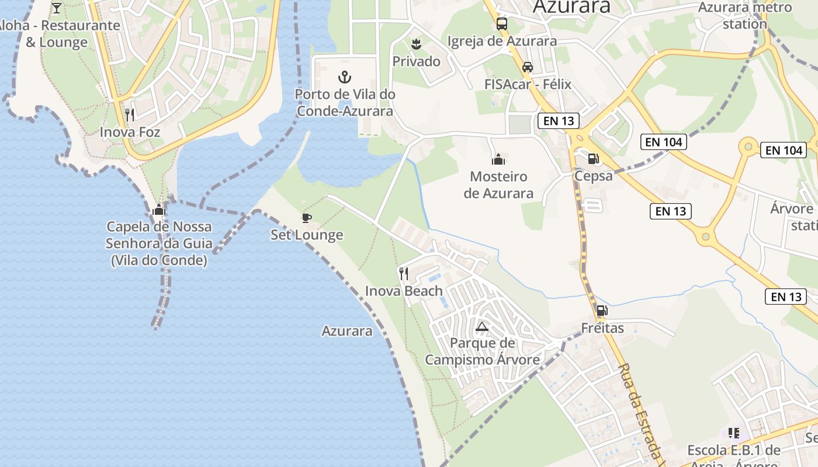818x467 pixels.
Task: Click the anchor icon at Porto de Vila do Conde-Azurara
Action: tap(345, 76)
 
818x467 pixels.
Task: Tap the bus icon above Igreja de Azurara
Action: tap(502, 24)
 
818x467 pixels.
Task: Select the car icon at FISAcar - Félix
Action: tap(528, 67)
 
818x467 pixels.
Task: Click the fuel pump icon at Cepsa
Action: tap(594, 158)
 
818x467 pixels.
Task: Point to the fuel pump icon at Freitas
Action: tap(602, 311)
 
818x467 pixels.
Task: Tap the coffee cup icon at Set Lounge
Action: tap(306, 218)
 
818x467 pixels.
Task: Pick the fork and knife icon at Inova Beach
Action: tap(404, 273)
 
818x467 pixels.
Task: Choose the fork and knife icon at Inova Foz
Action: tap(130, 114)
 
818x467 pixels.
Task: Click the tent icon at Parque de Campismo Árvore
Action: tap(481, 326)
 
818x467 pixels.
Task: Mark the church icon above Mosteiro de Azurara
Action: tap(498, 159)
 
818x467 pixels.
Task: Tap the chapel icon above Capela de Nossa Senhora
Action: tap(158, 210)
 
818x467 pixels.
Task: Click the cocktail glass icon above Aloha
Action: tap(57, 8)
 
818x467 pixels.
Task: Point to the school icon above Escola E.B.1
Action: tap(734, 433)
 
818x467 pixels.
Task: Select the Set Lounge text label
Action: tap(307, 235)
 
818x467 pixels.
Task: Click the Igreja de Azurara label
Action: tap(502, 41)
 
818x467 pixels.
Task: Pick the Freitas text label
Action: tap(602, 328)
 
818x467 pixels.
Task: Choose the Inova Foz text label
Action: tap(130, 132)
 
